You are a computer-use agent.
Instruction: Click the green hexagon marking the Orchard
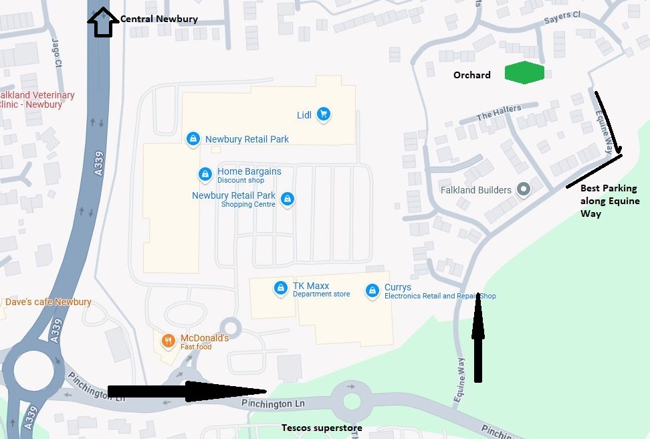[524, 73]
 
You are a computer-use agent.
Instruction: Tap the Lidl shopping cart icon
[324, 114]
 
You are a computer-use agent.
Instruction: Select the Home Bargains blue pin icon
[205, 175]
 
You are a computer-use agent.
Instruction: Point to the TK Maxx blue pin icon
[281, 289]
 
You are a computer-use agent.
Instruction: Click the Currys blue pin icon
[372, 291]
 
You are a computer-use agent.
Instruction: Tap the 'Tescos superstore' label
[322, 428]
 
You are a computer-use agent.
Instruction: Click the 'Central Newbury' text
[159, 19]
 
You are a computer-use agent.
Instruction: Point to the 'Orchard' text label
[471, 75]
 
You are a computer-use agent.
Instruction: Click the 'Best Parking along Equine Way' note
[609, 201]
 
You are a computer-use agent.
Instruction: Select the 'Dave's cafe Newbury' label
[48, 302]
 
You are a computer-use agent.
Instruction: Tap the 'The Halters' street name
[499, 113]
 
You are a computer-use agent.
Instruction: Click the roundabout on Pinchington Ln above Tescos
[352, 402]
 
